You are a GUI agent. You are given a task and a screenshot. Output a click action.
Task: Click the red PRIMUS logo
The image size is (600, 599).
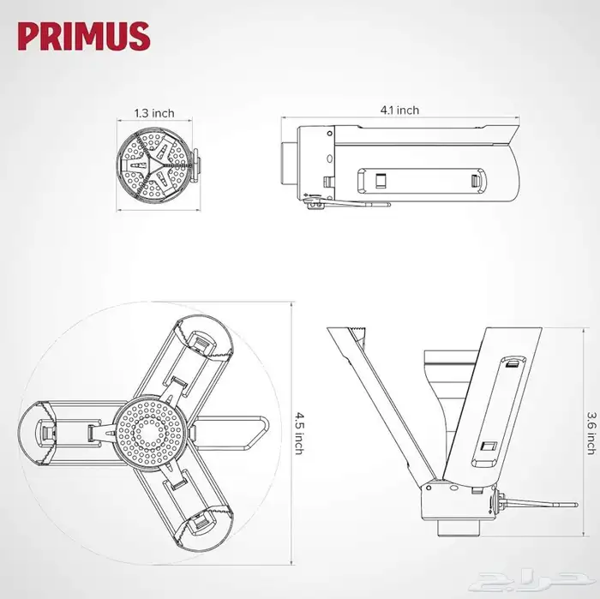84,37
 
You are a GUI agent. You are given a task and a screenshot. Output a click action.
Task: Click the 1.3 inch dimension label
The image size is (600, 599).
153,112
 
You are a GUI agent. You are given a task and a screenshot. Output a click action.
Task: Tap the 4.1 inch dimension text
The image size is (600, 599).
400,110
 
